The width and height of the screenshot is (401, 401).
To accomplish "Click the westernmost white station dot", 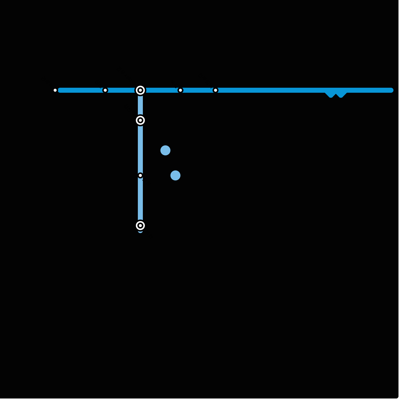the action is tap(55, 90).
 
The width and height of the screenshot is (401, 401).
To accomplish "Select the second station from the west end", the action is tap(105, 90).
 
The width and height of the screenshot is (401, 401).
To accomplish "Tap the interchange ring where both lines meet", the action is tap(140, 90).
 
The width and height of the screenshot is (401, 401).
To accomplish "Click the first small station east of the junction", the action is tap(180, 90).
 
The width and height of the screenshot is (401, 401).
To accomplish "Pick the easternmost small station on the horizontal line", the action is tap(216, 90).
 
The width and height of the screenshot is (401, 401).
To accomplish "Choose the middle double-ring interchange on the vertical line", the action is tap(140, 120).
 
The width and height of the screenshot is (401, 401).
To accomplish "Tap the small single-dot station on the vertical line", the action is tap(140, 175).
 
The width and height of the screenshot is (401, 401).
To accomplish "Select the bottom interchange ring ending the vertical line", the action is tap(140, 226).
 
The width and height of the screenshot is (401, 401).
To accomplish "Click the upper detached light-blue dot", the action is tap(165, 150).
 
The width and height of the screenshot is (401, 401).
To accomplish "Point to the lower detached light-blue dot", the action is tap(175, 175).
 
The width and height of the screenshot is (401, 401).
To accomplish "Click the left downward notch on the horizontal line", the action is tap(331, 95).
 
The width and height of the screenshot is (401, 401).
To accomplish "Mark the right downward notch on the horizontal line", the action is tap(341, 95).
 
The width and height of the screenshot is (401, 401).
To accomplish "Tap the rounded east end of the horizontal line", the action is tap(391, 90).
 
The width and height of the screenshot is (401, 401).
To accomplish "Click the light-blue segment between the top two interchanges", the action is tap(140, 105).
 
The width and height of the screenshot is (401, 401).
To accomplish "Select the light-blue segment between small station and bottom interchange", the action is tap(140, 200).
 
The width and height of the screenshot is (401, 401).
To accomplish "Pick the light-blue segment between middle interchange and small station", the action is tap(140, 148).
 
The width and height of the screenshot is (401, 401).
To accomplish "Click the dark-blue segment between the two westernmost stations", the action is tap(80, 90).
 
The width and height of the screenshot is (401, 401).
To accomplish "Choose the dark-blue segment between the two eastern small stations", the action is tap(198, 90).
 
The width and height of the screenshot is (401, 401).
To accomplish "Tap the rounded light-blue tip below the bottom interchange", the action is tap(140, 231).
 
